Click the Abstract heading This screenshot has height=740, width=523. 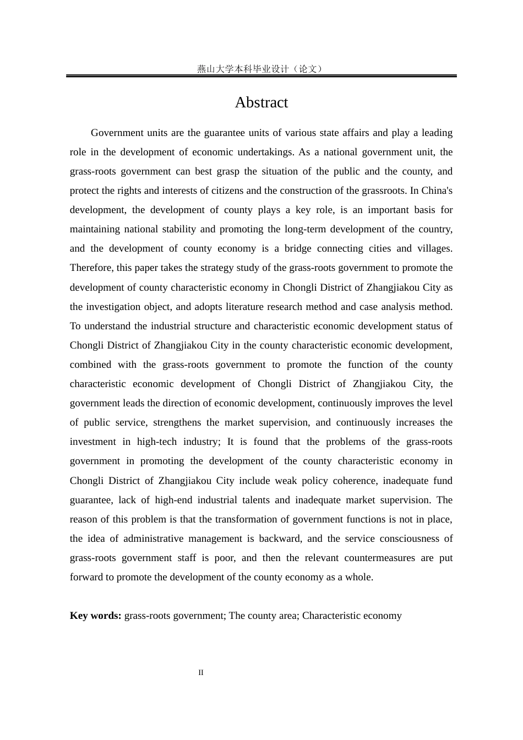point(261,103)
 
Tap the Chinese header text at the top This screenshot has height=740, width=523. point(261,69)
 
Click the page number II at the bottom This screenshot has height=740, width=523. point(201,672)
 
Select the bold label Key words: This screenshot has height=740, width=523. point(95,616)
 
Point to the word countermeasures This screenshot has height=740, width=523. point(380,558)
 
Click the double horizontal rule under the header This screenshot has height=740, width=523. point(261,76)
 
